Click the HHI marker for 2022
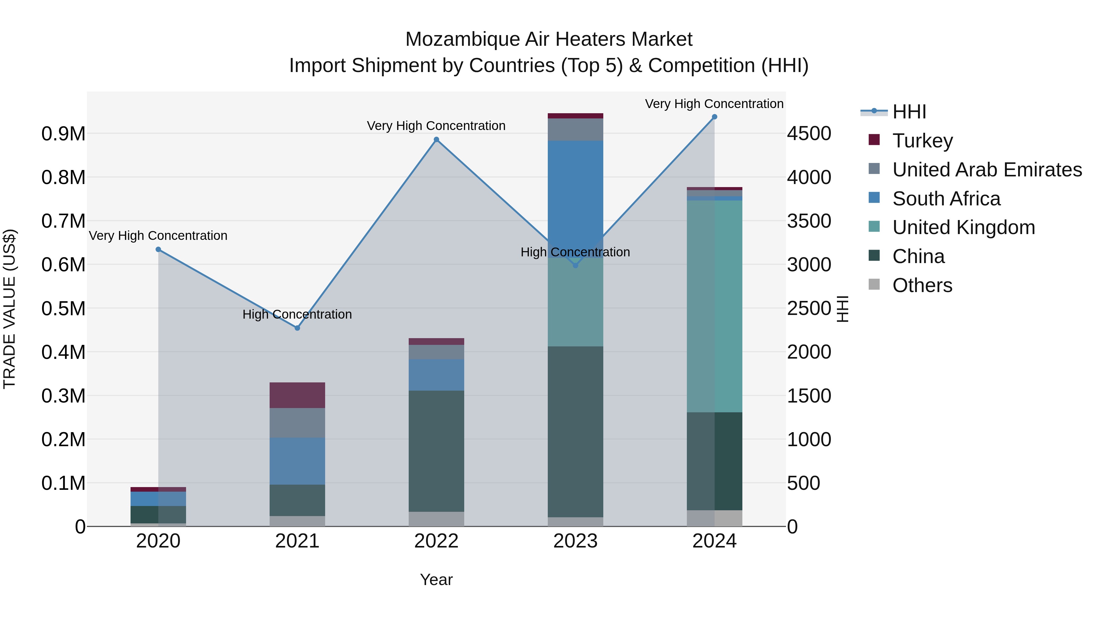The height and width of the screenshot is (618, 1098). click(x=436, y=139)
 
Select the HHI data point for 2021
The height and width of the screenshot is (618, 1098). click(x=297, y=328)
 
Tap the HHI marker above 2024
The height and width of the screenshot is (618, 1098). click(x=714, y=117)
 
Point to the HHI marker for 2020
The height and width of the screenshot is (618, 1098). click(x=158, y=250)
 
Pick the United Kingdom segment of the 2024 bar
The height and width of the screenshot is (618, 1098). click(x=714, y=306)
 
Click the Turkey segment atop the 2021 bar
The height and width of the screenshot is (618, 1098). click(x=297, y=395)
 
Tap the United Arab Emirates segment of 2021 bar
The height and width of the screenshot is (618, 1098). click(x=297, y=423)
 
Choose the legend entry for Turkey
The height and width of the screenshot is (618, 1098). click(x=922, y=141)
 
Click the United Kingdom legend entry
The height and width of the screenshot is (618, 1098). click(x=963, y=227)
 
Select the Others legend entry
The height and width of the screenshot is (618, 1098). click(x=922, y=285)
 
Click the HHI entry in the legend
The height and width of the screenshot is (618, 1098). click(x=909, y=112)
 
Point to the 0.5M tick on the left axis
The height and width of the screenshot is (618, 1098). click(x=63, y=308)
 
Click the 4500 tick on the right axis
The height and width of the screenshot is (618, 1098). click(x=809, y=133)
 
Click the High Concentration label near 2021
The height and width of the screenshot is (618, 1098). click(x=297, y=314)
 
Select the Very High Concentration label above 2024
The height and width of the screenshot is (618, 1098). click(x=714, y=104)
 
